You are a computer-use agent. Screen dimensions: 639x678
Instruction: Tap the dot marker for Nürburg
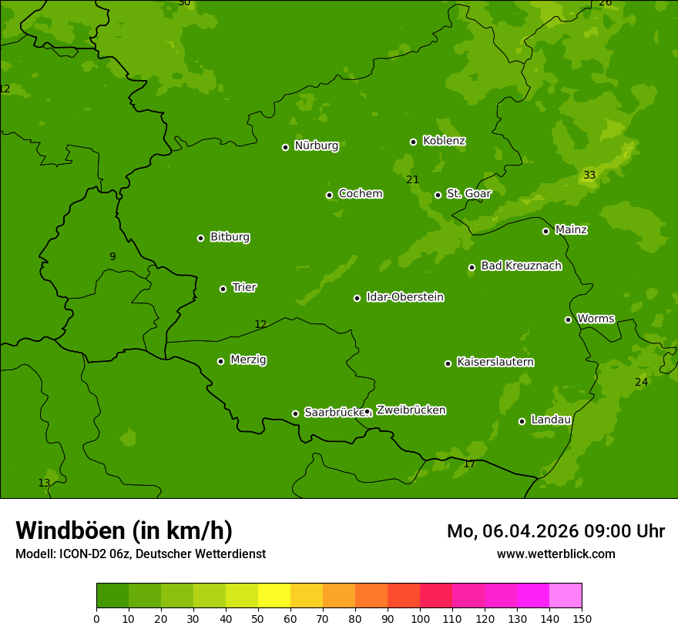click(x=285, y=147)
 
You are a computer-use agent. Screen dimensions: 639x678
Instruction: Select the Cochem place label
click(x=360, y=193)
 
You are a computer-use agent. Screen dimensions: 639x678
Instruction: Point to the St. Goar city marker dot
click(x=438, y=195)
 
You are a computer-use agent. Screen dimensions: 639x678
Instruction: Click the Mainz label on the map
click(x=571, y=229)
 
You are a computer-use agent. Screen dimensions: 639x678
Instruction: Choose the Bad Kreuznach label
click(x=521, y=266)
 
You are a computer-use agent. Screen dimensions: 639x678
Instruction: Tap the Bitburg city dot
click(x=200, y=238)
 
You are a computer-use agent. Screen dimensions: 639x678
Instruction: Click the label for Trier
click(x=244, y=287)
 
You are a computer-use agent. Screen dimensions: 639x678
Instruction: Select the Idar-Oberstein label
click(x=404, y=296)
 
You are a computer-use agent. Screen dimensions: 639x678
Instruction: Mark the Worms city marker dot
click(x=568, y=319)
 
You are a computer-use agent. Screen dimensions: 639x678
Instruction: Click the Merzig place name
click(x=248, y=360)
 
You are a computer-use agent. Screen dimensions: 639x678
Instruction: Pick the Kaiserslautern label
click(x=495, y=362)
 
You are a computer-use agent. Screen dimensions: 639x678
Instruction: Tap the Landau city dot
click(x=522, y=421)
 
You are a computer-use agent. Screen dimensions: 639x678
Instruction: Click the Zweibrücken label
click(x=411, y=410)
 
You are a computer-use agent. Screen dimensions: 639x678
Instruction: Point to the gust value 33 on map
click(x=589, y=176)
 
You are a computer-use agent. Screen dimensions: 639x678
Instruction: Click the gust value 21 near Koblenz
click(x=413, y=180)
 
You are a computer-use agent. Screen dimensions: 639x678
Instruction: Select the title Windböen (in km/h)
click(x=124, y=530)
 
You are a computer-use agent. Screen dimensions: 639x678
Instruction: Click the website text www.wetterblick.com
click(x=555, y=554)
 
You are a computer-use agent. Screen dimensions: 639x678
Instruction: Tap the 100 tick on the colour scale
click(x=420, y=617)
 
